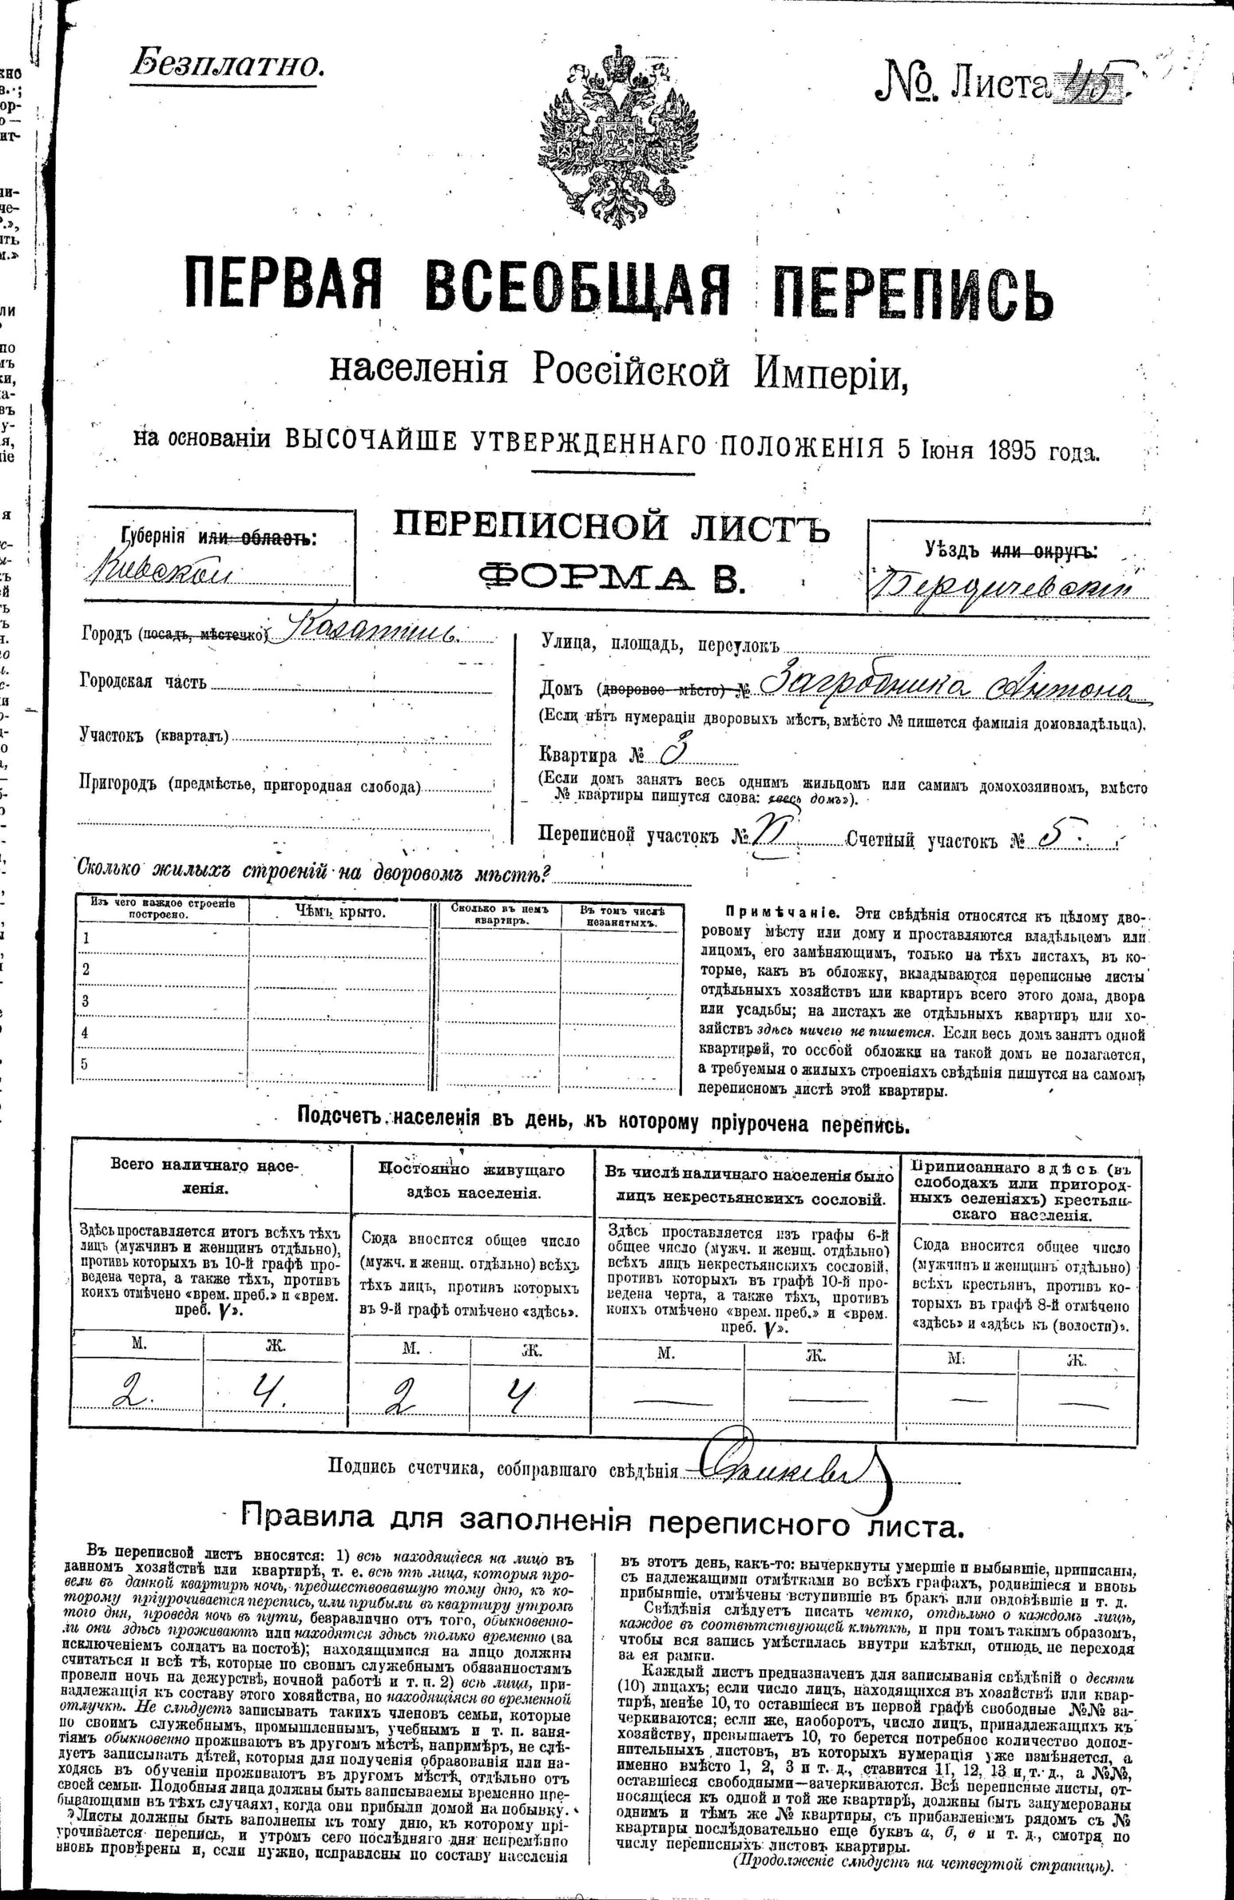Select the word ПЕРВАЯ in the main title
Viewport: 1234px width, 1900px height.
point(284,289)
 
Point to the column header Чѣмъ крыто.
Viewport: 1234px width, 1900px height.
point(340,911)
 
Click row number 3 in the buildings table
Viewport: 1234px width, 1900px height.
point(85,1002)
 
